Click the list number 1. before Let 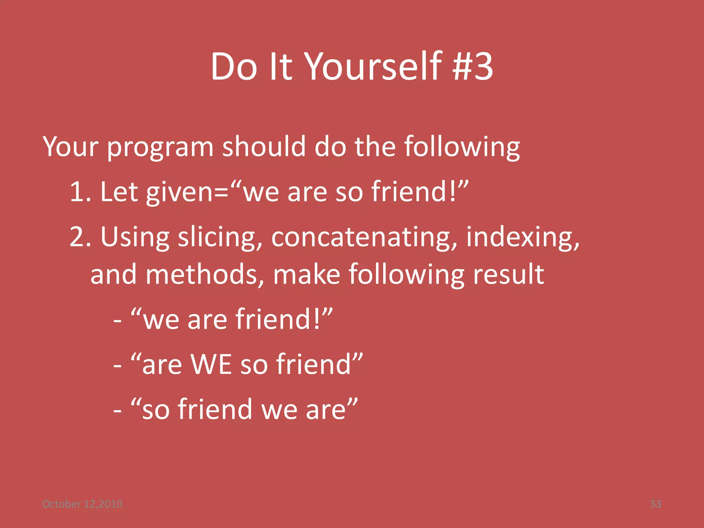pyautogui.click(x=80, y=192)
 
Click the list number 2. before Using pyautogui.click(x=80, y=237)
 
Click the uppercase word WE pyautogui.click(x=211, y=364)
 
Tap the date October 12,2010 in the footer pyautogui.click(x=82, y=504)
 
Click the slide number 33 pyautogui.click(x=655, y=504)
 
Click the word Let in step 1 pyautogui.click(x=119, y=192)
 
